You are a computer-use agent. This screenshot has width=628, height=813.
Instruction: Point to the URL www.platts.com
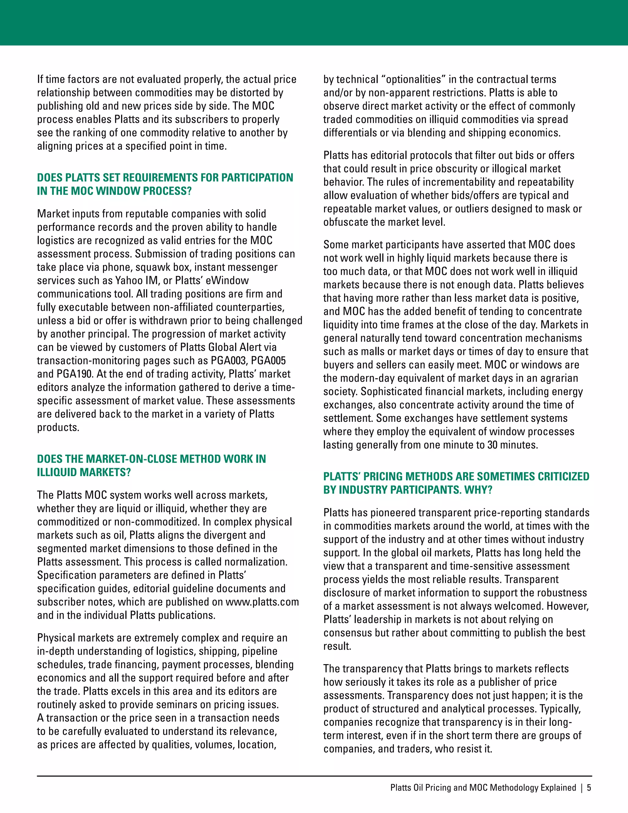pyautogui.click(x=262, y=602)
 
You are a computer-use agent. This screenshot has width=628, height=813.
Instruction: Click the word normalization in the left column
pyautogui.click(x=258, y=562)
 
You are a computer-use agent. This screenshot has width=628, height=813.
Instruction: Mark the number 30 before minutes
pyautogui.click(x=492, y=445)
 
